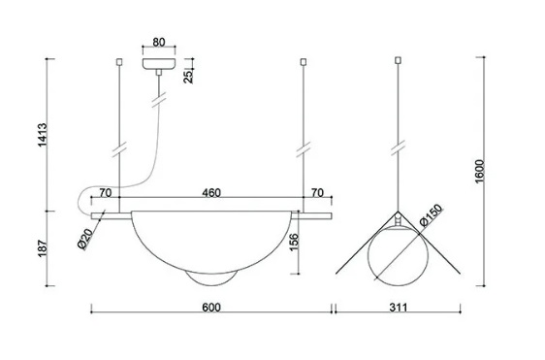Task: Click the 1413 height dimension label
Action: [42, 135]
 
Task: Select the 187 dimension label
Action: [42, 248]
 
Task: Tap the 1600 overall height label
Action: [479, 171]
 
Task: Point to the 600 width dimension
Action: [211, 308]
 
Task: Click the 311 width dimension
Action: [398, 308]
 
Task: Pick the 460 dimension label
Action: [211, 193]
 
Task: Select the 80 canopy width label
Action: [159, 42]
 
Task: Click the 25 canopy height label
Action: [188, 77]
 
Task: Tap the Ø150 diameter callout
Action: [432, 215]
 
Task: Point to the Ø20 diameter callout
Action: [85, 239]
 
